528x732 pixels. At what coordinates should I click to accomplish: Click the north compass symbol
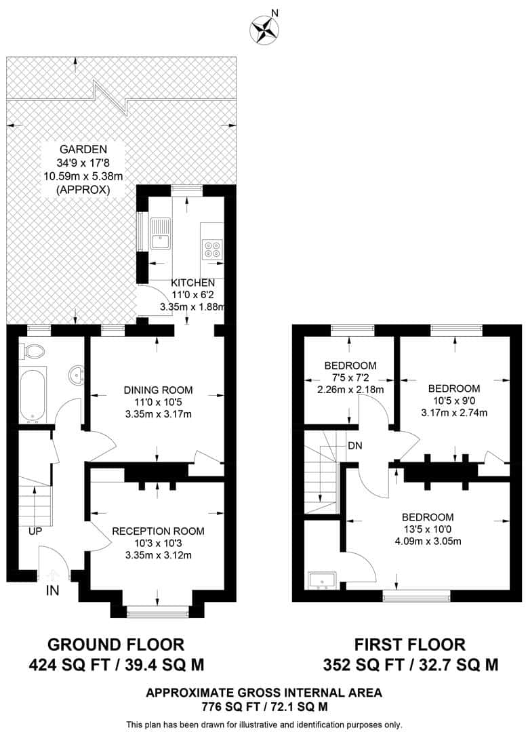point(265,29)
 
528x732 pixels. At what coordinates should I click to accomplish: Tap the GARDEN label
point(83,149)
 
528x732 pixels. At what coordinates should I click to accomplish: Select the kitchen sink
point(160,233)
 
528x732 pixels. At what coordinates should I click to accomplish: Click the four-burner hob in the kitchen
point(211,249)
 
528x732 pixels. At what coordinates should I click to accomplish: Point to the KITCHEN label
point(192,283)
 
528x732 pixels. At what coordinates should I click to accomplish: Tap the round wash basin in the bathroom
point(78,373)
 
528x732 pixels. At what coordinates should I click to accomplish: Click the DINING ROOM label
point(158,390)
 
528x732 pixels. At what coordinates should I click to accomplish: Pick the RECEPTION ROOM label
point(158,531)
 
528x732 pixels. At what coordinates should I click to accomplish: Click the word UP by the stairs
point(35,531)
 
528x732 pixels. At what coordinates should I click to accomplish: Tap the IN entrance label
point(52,590)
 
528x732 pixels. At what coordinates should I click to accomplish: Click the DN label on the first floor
point(354,446)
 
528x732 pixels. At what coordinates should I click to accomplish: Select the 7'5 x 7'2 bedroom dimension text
point(350,378)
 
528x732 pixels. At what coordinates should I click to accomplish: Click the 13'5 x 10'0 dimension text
point(427,529)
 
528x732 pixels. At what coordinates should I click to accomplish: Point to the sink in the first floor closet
point(323,580)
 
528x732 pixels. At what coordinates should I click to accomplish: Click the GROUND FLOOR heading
point(116,643)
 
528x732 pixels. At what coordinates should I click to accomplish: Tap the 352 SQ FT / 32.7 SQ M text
point(410,664)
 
